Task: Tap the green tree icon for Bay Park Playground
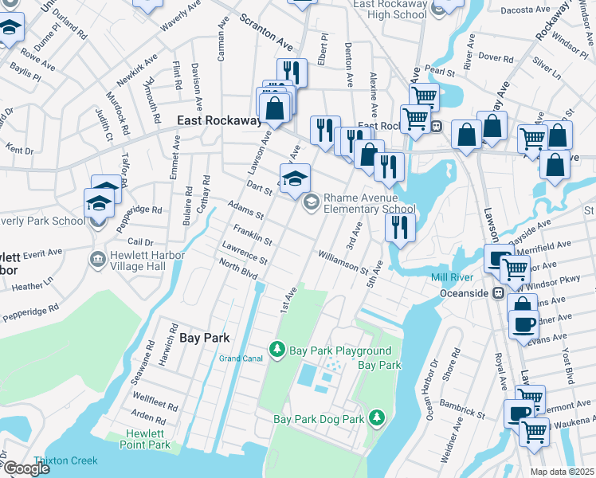[x=277, y=350]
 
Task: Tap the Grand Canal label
[x=241, y=358]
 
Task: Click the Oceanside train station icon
[x=499, y=292]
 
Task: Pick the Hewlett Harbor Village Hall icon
[x=99, y=258]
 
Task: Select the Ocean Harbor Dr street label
[x=433, y=390]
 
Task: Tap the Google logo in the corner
[x=26, y=468]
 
